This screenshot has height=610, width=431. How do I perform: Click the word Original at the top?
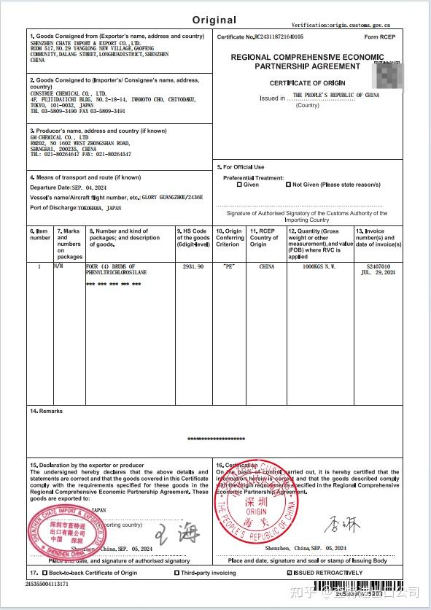214,20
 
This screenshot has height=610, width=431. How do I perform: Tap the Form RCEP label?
380,36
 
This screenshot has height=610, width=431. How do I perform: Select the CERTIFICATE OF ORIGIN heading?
307,83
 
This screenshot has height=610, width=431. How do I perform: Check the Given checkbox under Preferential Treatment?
239,185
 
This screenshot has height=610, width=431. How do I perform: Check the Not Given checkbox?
289,185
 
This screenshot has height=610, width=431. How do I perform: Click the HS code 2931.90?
194,267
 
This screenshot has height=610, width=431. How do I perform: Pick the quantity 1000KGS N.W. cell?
319,267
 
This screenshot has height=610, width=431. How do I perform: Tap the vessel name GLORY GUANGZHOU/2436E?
172,197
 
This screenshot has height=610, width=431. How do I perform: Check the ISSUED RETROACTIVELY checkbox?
290,573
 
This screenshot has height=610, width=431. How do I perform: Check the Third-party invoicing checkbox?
177,573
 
